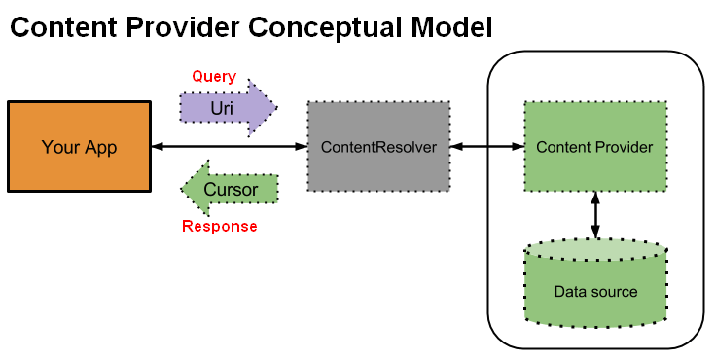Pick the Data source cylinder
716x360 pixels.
pos(595,282)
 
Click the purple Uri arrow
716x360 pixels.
pos(229,107)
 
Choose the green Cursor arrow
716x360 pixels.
pos(230,189)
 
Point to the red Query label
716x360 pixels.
pos(213,76)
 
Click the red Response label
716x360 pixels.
pos(220,227)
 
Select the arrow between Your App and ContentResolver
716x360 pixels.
pos(230,147)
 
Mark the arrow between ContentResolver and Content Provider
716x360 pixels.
pos(486,147)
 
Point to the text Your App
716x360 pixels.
pos(79,147)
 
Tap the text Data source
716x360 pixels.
pos(595,292)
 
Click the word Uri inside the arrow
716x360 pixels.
pos(222,107)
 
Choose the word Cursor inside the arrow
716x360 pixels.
pos(233,189)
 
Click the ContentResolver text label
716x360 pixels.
pos(378,147)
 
